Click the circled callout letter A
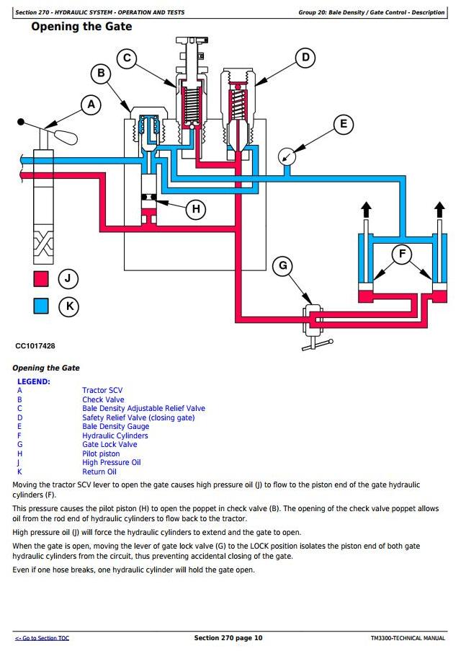tap(91, 105)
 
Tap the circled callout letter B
tap(102, 73)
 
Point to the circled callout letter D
tap(305, 58)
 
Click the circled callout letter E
tap(343, 124)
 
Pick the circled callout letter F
tap(402, 253)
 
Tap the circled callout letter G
tap(283, 266)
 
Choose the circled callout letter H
tap(195, 209)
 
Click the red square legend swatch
tap(40, 278)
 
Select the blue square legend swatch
tap(40, 306)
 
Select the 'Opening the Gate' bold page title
tap(81, 27)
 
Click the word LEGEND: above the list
tap(34, 381)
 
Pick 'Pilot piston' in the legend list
tap(101, 453)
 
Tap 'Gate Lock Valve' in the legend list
tap(109, 445)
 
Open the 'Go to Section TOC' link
tap(42, 638)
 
